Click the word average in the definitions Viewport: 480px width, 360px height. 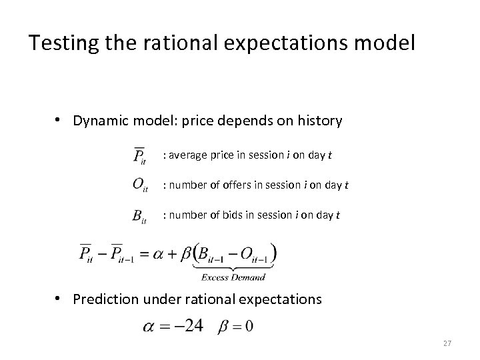coord(188,155)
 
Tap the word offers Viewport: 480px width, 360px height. coord(250,185)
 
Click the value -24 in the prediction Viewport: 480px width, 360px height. coord(192,327)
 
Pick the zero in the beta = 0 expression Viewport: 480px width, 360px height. coord(249,327)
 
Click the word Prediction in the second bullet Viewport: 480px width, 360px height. coord(107,299)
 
